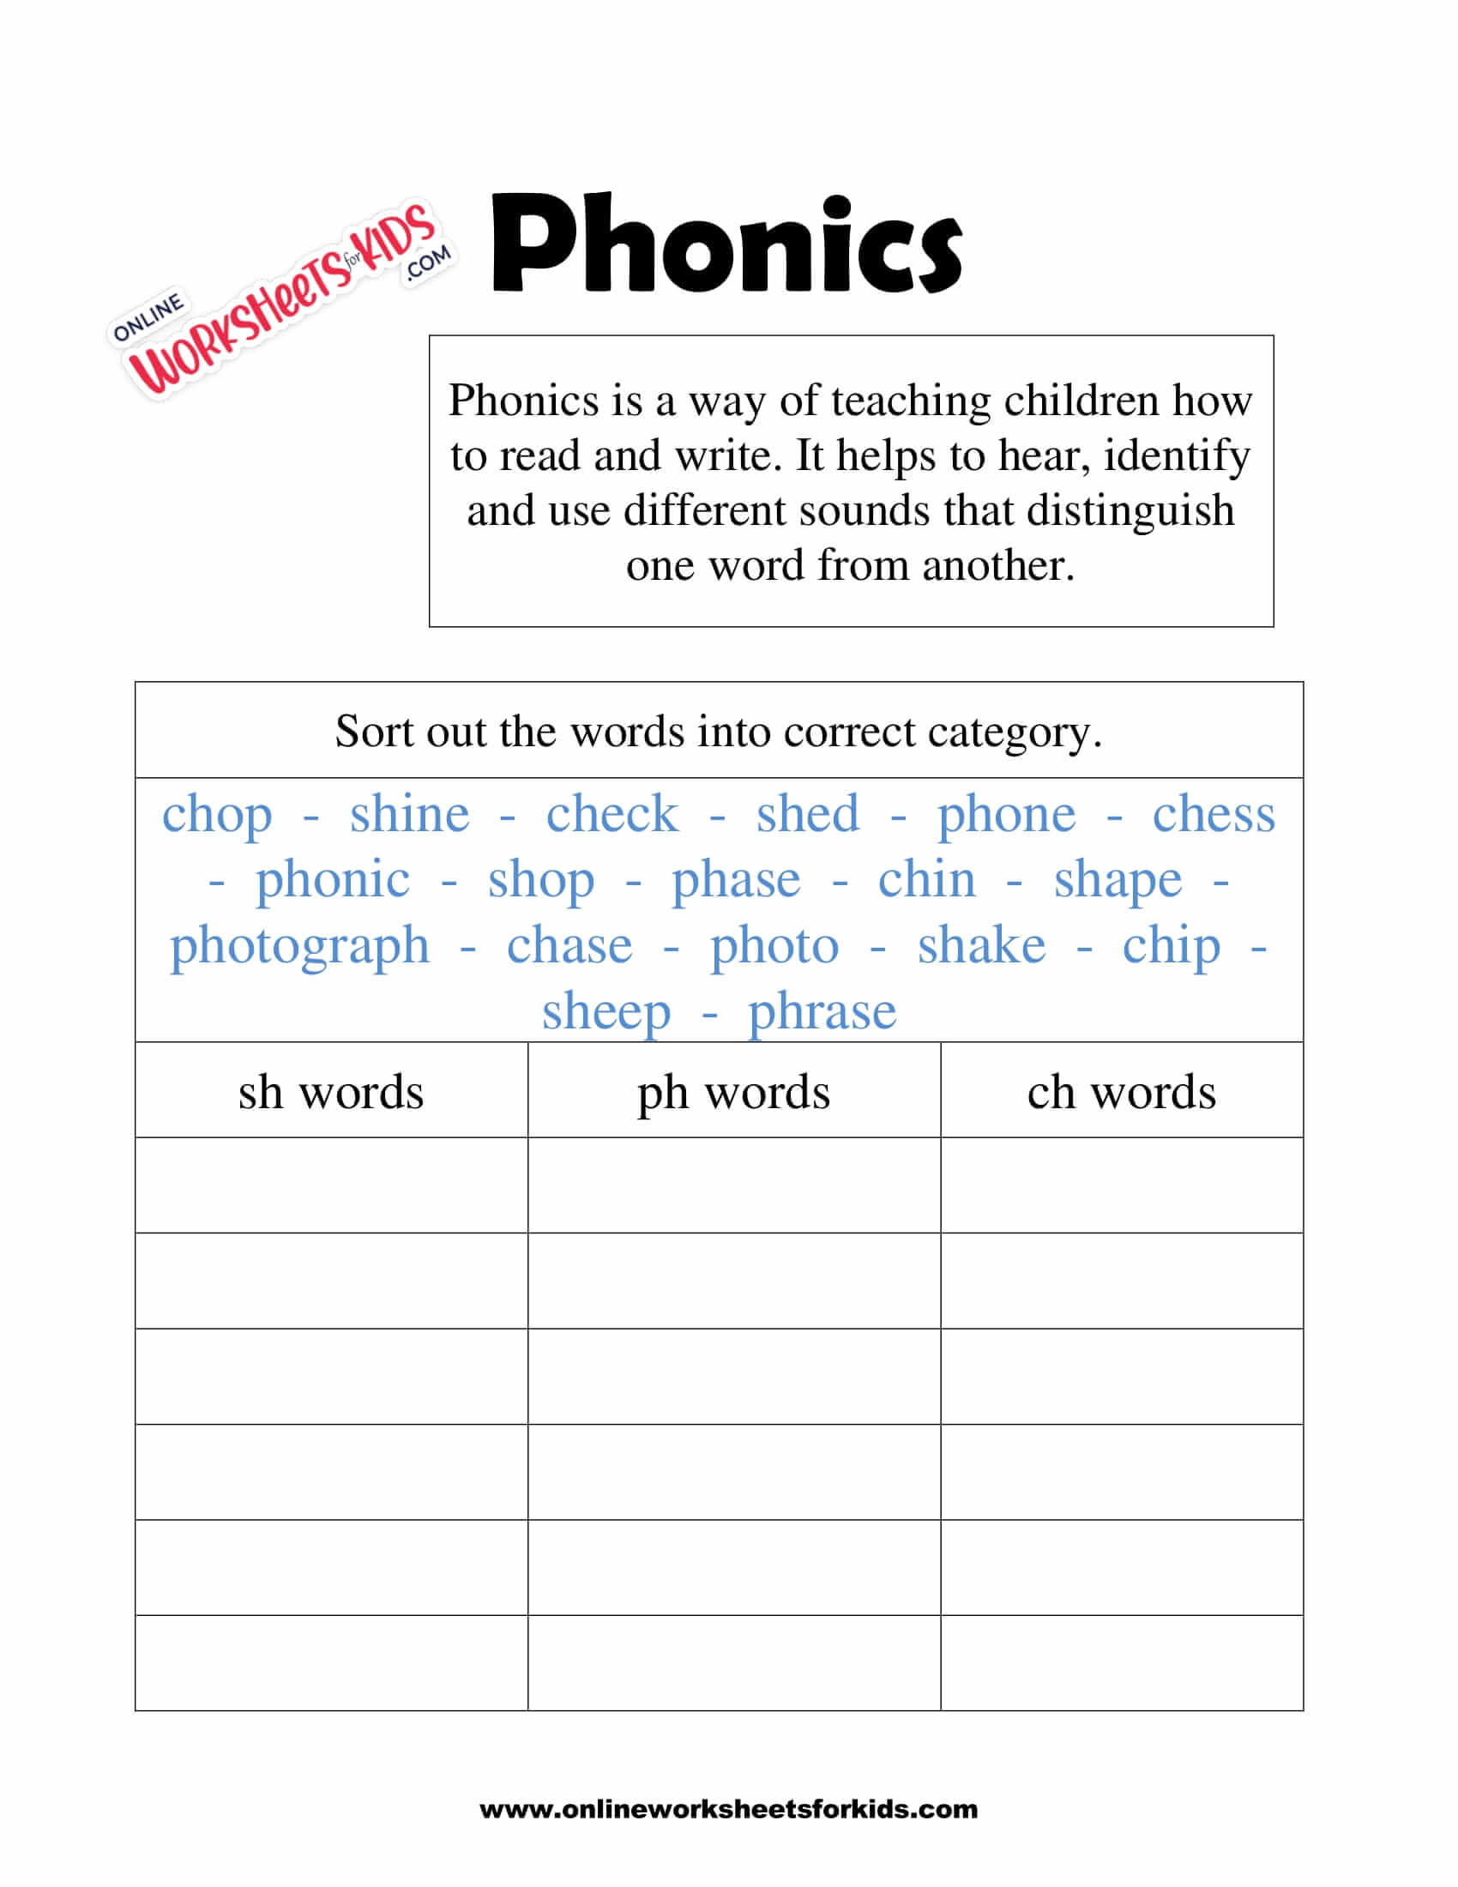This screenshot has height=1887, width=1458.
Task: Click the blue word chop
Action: coord(217,814)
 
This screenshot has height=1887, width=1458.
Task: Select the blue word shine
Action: coord(409,814)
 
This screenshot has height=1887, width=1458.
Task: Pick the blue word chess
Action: coord(1214,814)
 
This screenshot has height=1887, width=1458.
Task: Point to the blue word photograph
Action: coord(298,946)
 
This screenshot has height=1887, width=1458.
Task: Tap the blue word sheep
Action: coord(605,1012)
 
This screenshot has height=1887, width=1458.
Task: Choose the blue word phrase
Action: coord(822,1012)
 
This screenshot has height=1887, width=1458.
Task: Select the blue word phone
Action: coord(1006,814)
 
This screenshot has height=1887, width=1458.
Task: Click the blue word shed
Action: coord(808,814)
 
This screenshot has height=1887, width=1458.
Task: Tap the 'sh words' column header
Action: coord(331,1092)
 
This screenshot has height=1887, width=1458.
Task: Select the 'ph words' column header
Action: coord(733,1092)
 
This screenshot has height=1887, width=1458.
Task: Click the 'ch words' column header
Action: coord(1121,1092)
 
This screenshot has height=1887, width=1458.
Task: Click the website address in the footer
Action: coord(728,1809)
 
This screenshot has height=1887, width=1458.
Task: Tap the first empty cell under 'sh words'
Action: coord(331,1185)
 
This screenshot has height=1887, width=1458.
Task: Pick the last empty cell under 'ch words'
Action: coord(1121,1662)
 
